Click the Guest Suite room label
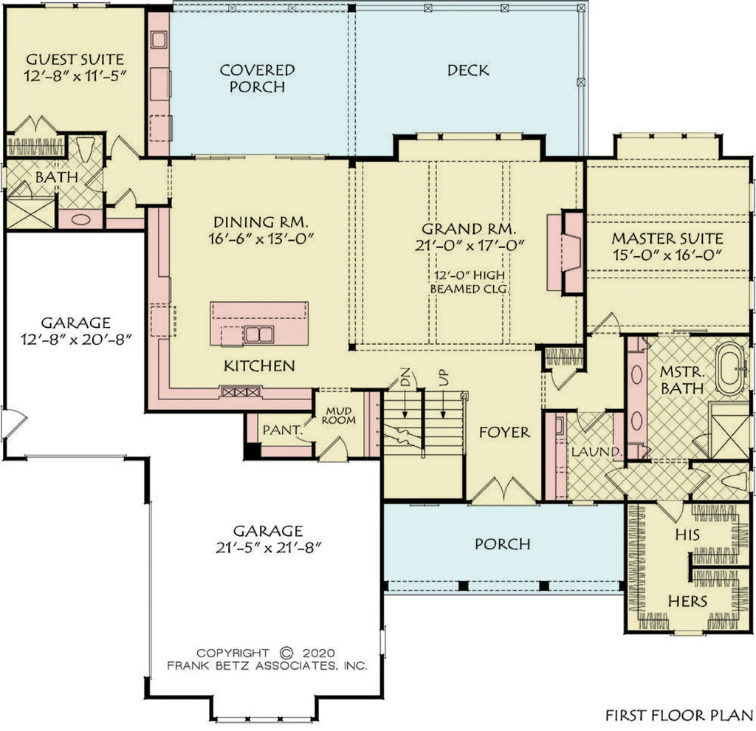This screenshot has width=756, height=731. (75, 58)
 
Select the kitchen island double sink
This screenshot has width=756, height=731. (258, 334)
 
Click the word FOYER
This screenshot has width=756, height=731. (504, 432)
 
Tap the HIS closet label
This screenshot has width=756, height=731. (687, 532)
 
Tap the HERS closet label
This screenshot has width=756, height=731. (687, 600)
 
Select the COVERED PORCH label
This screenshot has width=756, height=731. (258, 78)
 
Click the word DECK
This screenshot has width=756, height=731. (467, 70)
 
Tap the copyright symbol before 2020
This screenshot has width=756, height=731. (287, 653)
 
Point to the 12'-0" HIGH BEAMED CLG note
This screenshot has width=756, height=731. (470, 281)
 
